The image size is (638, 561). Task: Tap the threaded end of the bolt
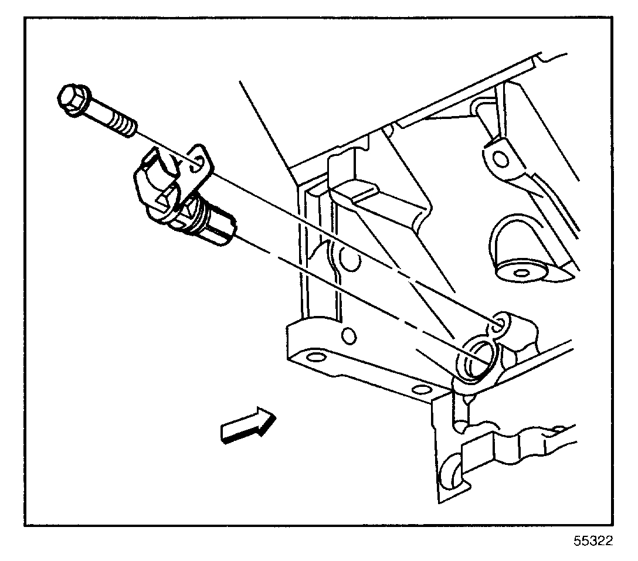click(x=124, y=124)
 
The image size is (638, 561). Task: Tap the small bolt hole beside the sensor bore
click(x=501, y=322)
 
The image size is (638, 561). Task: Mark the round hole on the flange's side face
click(x=348, y=336)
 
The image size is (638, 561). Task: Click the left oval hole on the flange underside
click(x=315, y=357)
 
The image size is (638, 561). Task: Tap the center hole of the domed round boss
click(x=520, y=272)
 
